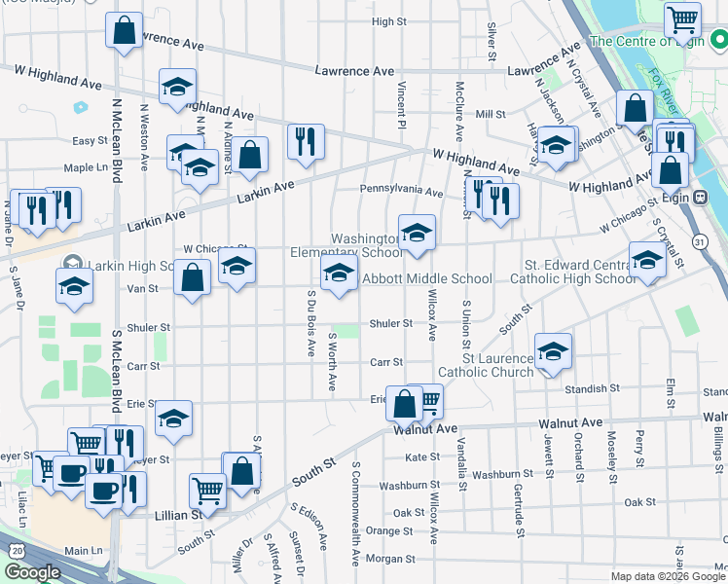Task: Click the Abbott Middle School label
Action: pos(427,279)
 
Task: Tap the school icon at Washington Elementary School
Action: pos(418,233)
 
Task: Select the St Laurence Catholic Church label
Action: pos(485,365)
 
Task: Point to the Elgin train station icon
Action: pos(700,197)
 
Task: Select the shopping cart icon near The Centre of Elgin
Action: pos(683,18)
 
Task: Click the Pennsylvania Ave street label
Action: pos(401,192)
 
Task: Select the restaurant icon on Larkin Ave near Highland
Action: pos(306,141)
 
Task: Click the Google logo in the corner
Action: pos(32,572)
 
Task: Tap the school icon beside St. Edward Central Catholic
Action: pos(647,258)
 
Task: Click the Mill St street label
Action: pos(491,114)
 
